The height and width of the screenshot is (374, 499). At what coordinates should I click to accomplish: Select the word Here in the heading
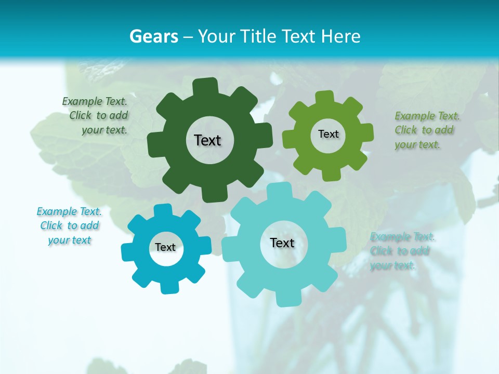point(341,36)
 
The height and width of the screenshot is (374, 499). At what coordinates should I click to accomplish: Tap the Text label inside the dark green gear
point(207,140)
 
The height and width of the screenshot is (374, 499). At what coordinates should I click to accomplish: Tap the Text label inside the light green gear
point(328,134)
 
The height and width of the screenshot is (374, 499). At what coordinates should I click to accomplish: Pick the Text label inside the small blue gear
point(165,247)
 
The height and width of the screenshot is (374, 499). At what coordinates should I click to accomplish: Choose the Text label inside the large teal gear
point(282,243)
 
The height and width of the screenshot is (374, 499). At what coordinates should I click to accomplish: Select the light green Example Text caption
point(426,130)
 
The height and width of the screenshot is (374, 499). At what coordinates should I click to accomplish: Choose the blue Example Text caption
point(69,225)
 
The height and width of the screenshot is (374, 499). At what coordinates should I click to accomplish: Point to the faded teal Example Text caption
point(401,251)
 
